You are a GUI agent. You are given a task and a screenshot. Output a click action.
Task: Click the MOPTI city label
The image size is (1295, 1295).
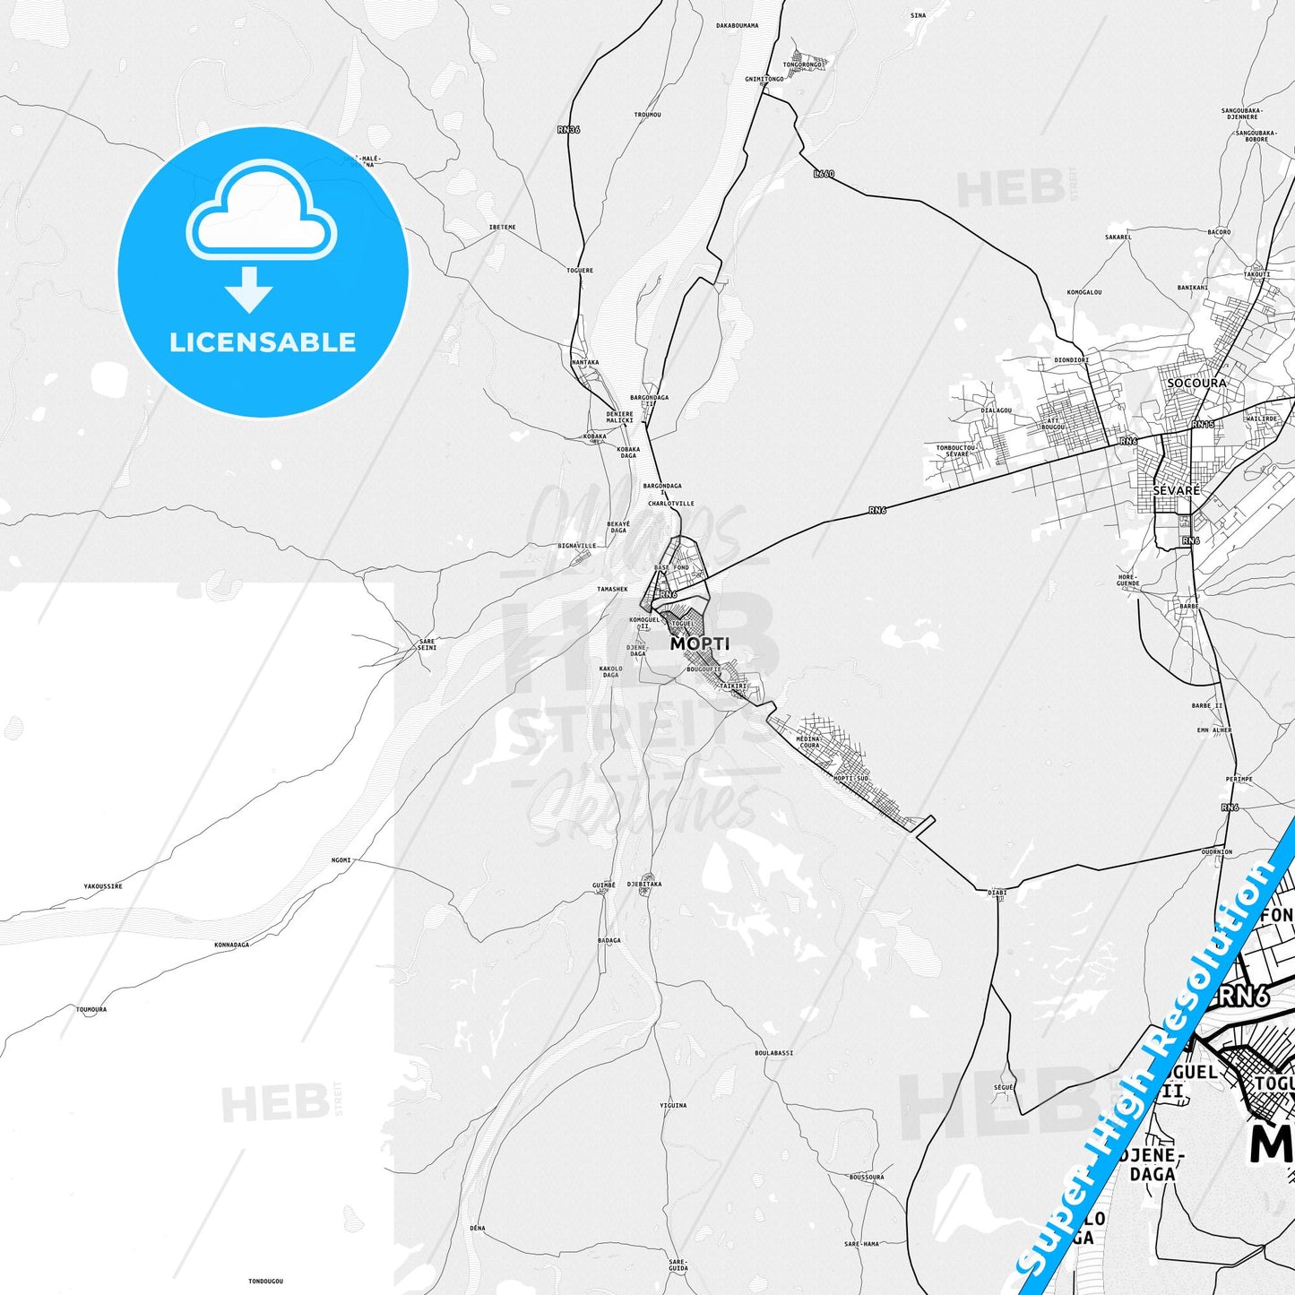pyautogui.click(x=700, y=643)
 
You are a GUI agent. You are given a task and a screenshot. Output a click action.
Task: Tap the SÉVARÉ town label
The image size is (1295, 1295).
pyautogui.click(x=1176, y=491)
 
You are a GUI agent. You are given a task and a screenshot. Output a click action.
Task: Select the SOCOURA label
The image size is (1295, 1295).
pyautogui.click(x=1196, y=383)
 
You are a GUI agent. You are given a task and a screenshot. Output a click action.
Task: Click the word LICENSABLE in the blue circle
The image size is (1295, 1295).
pyautogui.click(x=263, y=341)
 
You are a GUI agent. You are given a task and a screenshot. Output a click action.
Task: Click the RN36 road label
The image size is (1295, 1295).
pyautogui.click(x=568, y=130)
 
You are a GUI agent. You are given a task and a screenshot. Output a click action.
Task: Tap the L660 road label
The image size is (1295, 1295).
pyautogui.click(x=824, y=174)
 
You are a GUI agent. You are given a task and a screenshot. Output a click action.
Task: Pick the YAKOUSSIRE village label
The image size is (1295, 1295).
pyautogui.click(x=103, y=886)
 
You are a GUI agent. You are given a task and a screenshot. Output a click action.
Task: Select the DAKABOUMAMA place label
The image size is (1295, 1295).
pyautogui.click(x=737, y=25)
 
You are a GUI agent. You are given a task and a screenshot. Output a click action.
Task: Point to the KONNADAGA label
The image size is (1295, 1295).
pyautogui.click(x=231, y=945)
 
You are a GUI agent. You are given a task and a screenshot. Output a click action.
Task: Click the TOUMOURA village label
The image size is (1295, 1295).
pyautogui.click(x=91, y=1009)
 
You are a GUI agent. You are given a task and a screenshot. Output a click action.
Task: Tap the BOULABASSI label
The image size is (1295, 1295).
pyautogui.click(x=774, y=1052)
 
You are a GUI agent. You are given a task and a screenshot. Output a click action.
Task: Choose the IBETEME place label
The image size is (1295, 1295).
pyautogui.click(x=502, y=227)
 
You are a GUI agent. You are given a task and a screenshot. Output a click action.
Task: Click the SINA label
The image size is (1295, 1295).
pyautogui.click(x=918, y=15)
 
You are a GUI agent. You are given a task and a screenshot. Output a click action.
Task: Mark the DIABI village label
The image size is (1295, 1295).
pyautogui.click(x=997, y=893)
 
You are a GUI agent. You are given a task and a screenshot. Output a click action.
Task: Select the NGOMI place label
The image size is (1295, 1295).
pyautogui.click(x=341, y=860)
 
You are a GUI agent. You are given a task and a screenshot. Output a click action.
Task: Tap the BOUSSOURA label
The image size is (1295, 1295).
pyautogui.click(x=867, y=1177)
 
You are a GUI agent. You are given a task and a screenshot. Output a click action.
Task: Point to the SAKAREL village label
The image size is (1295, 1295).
pyautogui.click(x=1118, y=237)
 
